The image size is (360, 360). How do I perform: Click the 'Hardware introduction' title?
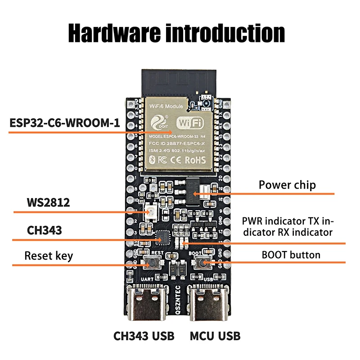coord(176,33)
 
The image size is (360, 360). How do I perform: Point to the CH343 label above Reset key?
coord(44,230)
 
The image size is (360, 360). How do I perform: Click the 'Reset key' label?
coord(49,256)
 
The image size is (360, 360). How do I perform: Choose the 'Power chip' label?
coord(287,185)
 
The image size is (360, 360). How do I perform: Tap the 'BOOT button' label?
coord(291,255)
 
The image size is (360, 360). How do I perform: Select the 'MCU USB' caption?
coord(215,336)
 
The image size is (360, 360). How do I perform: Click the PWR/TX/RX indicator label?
coord(288,227)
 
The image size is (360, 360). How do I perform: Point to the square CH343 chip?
coord(162,235)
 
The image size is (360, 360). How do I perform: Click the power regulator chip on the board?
coord(192,191)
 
